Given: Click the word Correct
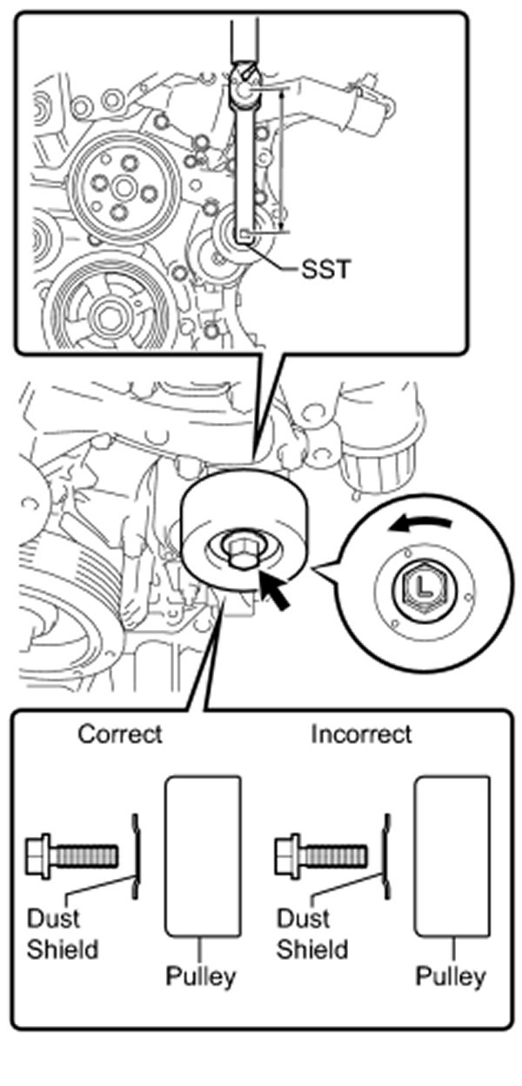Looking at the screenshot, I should tap(120, 734).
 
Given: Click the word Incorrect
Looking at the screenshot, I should tap(361, 734).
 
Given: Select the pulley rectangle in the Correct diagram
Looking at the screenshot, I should tap(203, 856).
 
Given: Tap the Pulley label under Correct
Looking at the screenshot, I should tap(201, 976).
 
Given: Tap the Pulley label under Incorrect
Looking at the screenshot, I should tap(450, 976).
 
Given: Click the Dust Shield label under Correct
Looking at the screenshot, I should tap(63, 933).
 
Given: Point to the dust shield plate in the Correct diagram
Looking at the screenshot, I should tap(134, 855).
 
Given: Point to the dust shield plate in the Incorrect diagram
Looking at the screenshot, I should tap(383, 855).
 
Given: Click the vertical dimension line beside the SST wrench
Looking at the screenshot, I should tap(282, 161).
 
